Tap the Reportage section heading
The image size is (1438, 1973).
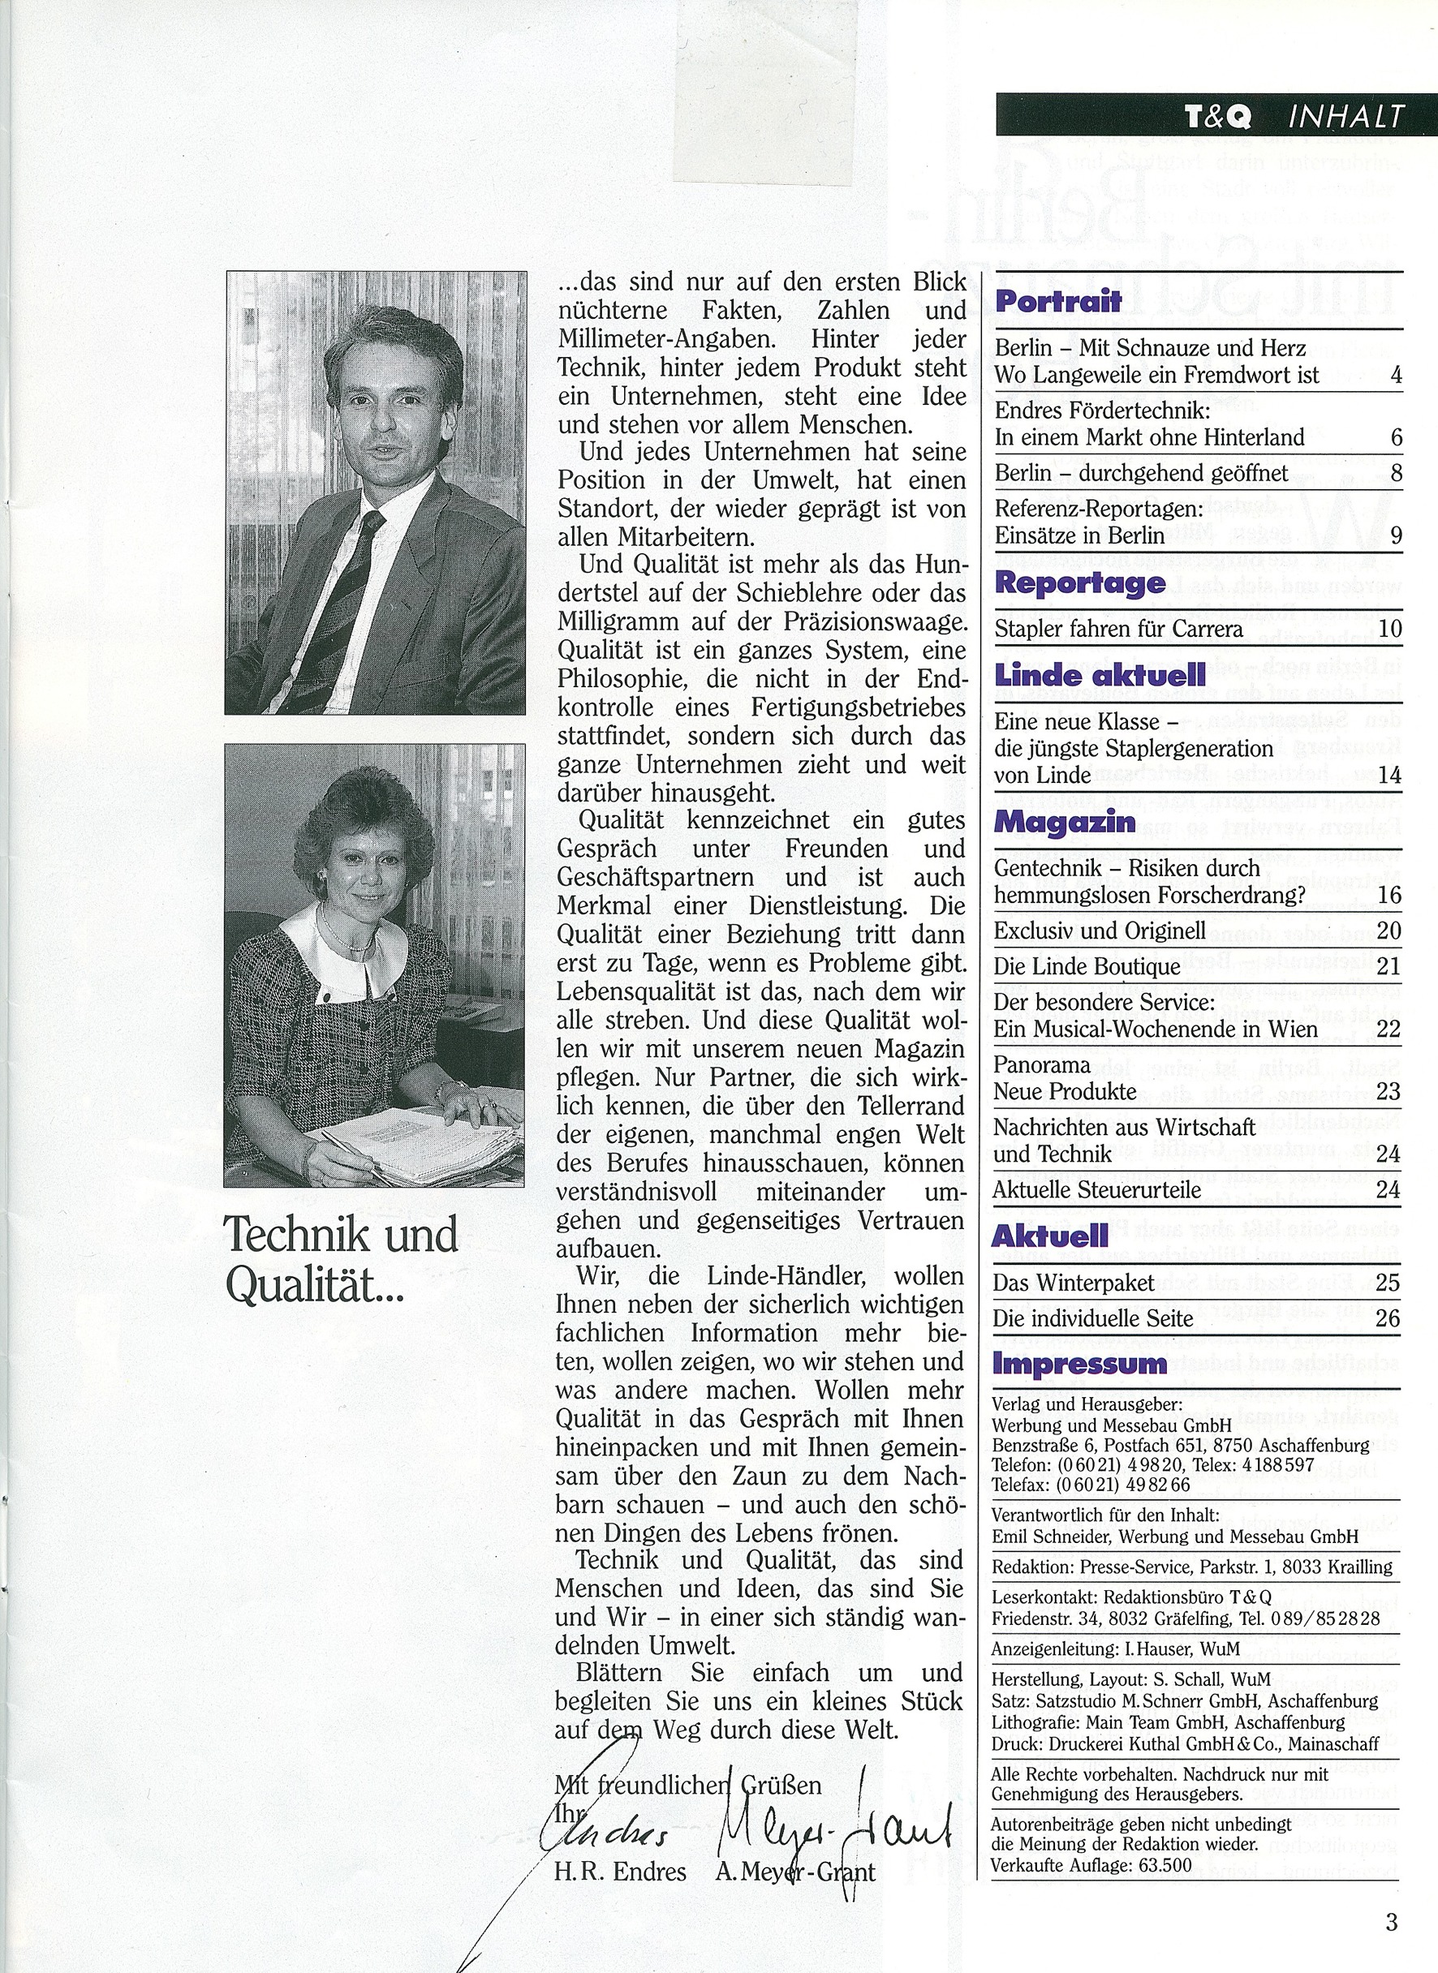pyautogui.click(x=1079, y=583)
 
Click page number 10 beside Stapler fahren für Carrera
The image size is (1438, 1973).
pyautogui.click(x=1388, y=629)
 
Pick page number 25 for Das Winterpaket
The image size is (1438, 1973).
pyautogui.click(x=1388, y=1283)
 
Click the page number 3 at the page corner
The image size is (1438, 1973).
pyautogui.click(x=1391, y=1898)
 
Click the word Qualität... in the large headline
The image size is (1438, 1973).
pyautogui.click(x=314, y=1283)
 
